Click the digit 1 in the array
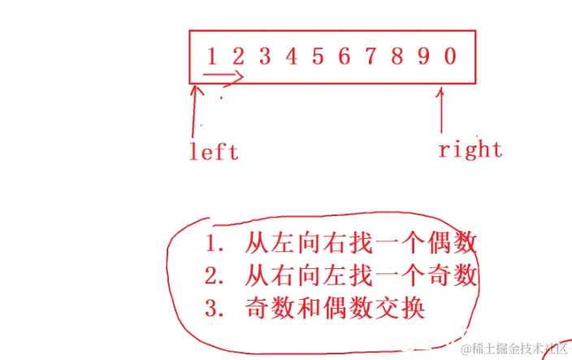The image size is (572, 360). (x=212, y=56)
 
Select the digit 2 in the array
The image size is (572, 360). (x=238, y=56)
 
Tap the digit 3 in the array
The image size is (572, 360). (x=265, y=56)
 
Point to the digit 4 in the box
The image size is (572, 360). (x=291, y=56)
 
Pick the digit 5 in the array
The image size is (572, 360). (x=318, y=56)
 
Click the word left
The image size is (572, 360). (x=214, y=152)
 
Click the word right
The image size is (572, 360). (x=470, y=150)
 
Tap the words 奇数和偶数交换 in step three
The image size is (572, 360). (x=334, y=310)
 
